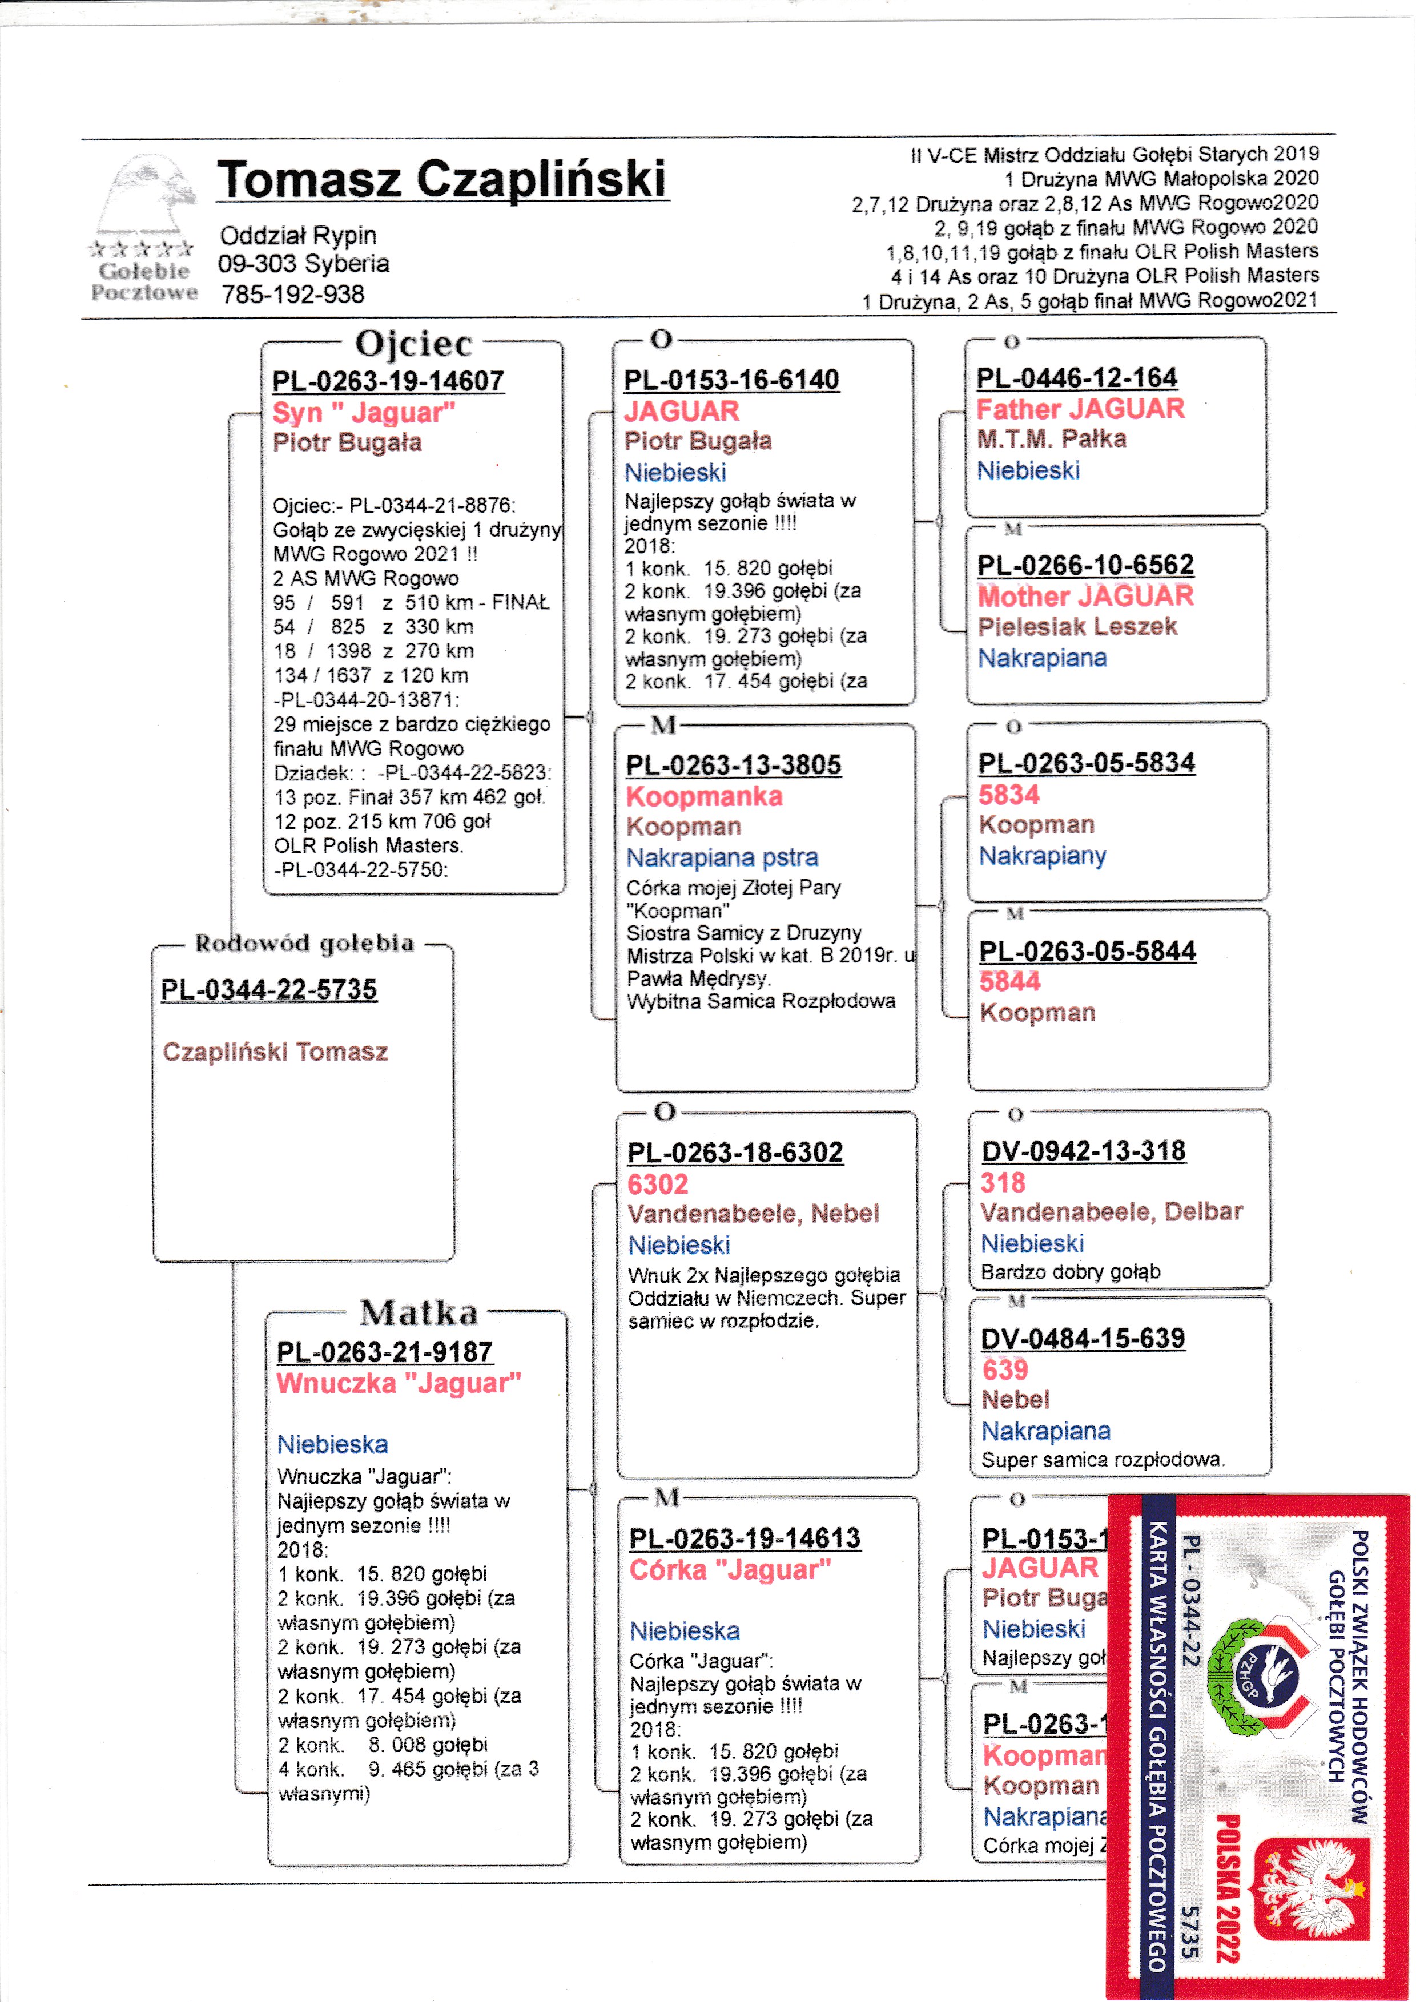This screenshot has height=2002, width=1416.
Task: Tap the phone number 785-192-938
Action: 293,295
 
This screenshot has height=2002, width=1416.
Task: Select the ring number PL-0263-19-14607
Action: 388,381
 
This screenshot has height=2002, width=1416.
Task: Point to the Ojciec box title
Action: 413,344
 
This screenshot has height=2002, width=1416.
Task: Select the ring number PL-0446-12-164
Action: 1077,377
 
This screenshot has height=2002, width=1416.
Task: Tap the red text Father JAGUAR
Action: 1080,409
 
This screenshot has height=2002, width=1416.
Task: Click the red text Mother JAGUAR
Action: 1085,597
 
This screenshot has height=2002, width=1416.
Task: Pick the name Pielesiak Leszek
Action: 1077,626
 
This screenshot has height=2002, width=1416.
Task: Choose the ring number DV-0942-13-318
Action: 1084,1151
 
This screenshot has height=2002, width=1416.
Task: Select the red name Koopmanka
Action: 705,796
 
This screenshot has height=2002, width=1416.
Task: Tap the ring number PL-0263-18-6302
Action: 735,1153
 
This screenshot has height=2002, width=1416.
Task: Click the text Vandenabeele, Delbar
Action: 1112,1211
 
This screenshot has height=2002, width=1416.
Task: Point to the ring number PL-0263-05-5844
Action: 1087,951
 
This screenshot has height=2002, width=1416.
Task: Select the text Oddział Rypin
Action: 298,235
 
